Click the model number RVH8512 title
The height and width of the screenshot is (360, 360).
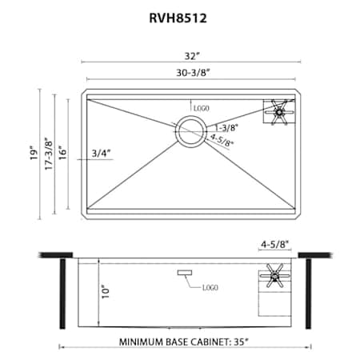pos(178,18)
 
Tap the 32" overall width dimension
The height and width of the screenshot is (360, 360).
pos(192,56)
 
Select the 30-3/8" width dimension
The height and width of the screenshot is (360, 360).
pos(193,73)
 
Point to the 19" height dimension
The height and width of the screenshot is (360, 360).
pos(34,153)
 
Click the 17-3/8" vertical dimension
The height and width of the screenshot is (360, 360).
pos(49,154)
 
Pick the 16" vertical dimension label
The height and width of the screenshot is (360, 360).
pos(62,153)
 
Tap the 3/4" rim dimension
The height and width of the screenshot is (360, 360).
pos(101,154)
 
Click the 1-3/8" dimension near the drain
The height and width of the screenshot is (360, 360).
pos(226,128)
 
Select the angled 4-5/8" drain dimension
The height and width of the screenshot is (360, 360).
pos(222,140)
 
